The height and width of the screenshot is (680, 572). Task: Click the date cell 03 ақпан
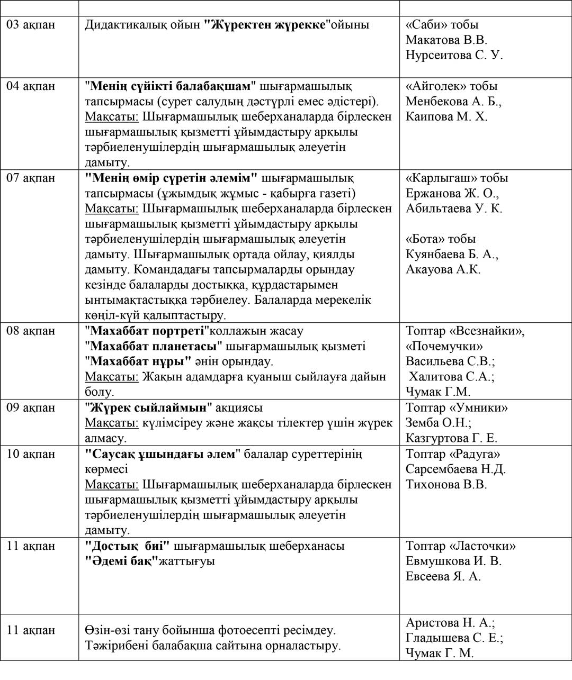pos(31,24)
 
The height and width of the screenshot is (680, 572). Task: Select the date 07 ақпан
pos(31,178)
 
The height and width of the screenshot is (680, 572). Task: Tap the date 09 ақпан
pos(31,408)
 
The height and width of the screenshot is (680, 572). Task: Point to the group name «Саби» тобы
pos(442,24)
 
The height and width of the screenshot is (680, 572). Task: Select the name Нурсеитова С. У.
pos(454,55)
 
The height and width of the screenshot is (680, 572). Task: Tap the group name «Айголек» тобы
pos(452,86)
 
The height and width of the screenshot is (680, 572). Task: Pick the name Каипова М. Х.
pos(446,116)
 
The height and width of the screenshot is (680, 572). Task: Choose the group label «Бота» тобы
pos(441,239)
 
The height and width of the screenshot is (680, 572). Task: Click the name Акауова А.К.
pos(443,269)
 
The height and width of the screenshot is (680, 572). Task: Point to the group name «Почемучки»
pos(444,347)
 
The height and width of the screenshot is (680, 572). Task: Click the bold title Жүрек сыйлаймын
pos(148,408)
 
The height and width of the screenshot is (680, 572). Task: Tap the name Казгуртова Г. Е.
pos(451,438)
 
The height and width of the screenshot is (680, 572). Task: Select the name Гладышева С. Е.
pos(454,638)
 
